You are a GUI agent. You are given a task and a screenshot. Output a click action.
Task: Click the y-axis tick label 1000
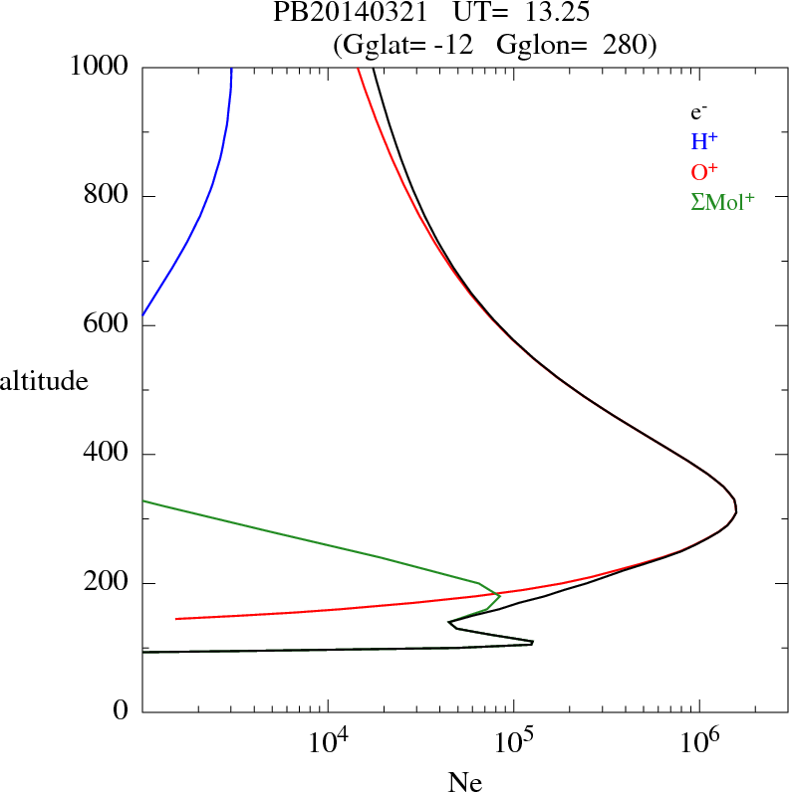point(99,67)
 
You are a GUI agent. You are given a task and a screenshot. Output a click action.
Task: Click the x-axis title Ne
point(464,782)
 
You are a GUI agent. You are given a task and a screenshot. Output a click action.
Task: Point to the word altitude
point(44,380)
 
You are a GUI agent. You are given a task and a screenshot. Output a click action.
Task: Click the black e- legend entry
point(698,113)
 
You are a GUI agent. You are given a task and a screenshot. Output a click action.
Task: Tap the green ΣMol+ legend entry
point(722,201)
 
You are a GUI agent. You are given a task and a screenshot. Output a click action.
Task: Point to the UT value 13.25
point(544,14)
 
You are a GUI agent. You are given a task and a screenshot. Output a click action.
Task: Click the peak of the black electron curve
point(735,510)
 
